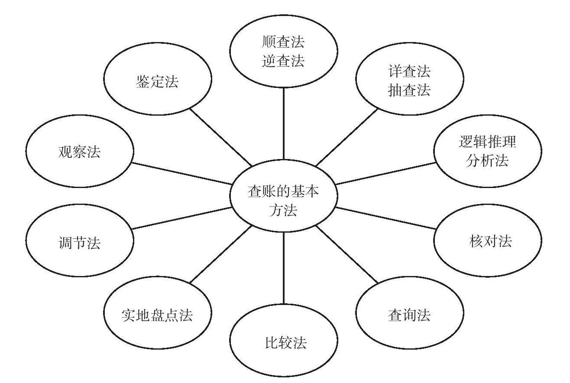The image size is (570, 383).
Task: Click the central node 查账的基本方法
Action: tap(283, 196)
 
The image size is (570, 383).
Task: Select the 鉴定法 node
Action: tap(158, 78)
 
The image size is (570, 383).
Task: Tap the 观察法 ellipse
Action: tap(80, 151)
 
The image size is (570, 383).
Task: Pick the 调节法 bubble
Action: tap(80, 240)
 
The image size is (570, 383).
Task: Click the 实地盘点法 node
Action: tap(158, 312)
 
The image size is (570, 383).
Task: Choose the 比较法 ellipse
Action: tap(283, 340)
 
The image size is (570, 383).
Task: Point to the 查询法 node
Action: tap(409, 312)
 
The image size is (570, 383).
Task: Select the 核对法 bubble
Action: tap(488, 240)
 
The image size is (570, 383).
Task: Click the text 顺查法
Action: tap(283, 42)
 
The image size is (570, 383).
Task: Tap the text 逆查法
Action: tap(283, 61)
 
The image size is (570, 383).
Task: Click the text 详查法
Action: tap(409, 71)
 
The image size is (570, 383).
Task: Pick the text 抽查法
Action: tap(409, 90)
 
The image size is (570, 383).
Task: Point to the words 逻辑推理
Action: tap(487, 142)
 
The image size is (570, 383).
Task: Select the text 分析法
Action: tap(487, 161)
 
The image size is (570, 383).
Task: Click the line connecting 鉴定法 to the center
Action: tap(221, 137)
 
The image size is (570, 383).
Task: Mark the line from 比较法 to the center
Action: tap(283, 268)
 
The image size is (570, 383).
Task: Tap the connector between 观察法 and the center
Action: tap(182, 174)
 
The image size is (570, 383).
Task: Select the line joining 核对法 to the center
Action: tap(385, 218)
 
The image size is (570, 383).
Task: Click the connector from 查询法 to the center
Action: tap(347, 254)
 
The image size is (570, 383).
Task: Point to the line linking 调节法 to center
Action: tap(182, 218)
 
